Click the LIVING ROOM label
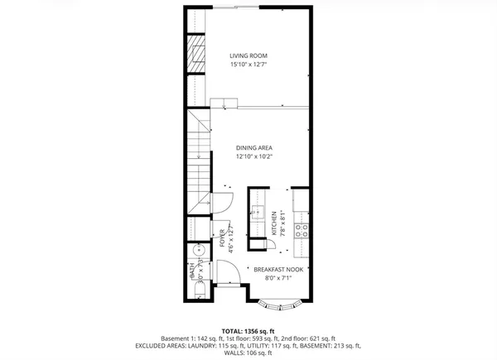[248, 56]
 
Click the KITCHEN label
[275, 224]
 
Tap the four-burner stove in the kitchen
[303, 229]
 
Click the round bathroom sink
[197, 252]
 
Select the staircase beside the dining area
[198, 161]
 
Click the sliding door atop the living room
[246, 8]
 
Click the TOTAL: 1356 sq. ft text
[248, 330]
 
